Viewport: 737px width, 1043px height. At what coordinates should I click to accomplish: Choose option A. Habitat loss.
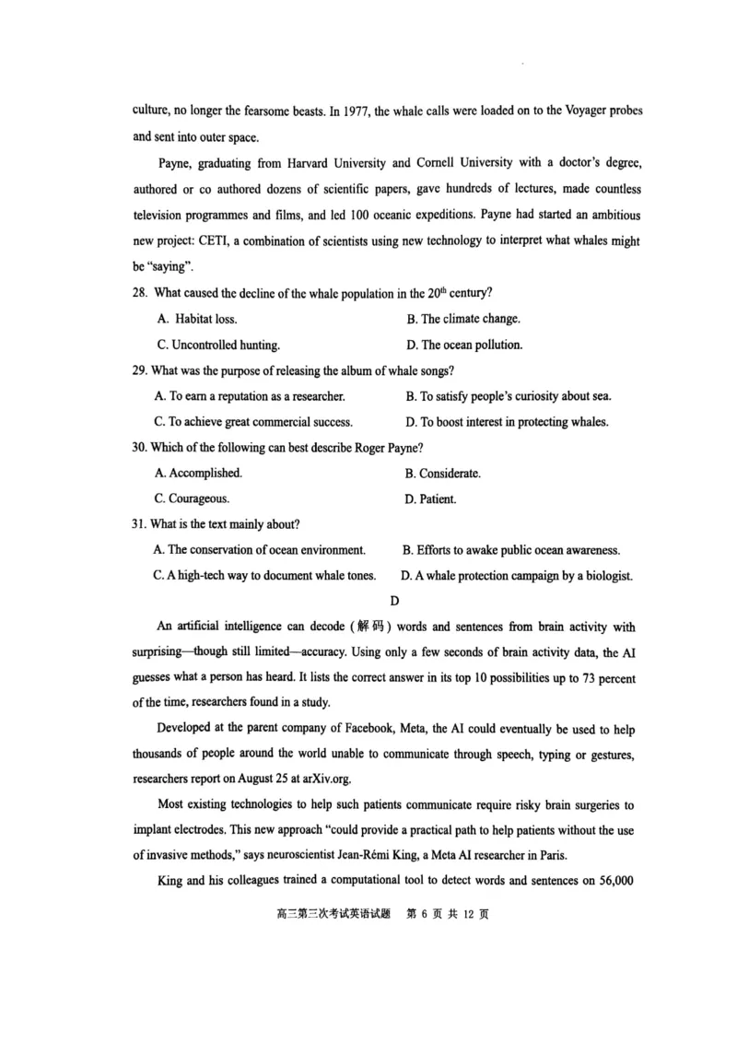[197, 319]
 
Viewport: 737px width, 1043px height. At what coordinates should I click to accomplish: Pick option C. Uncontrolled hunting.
[218, 346]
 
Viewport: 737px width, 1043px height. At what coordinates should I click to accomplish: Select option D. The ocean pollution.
[464, 346]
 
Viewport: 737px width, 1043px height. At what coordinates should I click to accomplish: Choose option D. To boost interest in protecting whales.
[507, 423]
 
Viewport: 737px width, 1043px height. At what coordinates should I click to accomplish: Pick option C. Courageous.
[193, 499]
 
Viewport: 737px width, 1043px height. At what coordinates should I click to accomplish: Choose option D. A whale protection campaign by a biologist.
[517, 576]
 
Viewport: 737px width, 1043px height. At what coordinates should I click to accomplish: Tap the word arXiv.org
[323, 779]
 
